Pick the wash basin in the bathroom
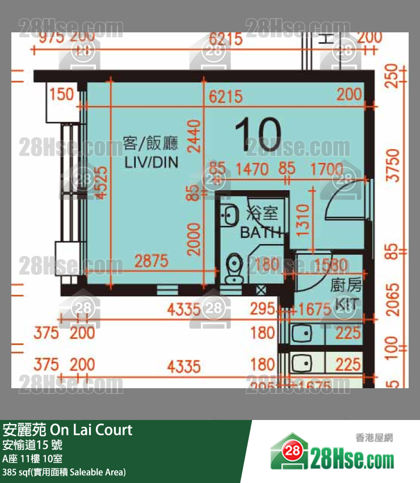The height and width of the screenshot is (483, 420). pyautogui.click(x=230, y=215)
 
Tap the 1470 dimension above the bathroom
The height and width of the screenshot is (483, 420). pyautogui.click(x=252, y=169)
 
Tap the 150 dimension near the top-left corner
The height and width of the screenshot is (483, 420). pyautogui.click(x=62, y=94)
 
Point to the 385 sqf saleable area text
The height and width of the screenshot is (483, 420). pyautogui.click(x=64, y=472)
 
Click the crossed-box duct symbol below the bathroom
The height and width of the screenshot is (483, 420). pyautogui.click(x=262, y=291)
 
